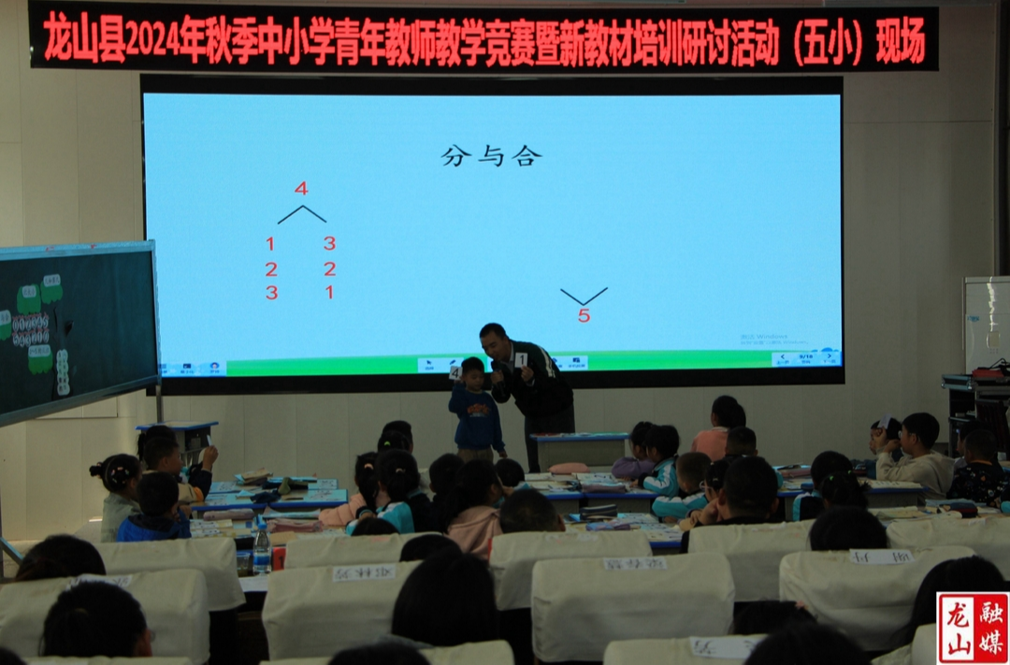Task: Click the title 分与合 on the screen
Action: pyautogui.click(x=491, y=156)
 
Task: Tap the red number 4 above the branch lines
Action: pyautogui.click(x=301, y=189)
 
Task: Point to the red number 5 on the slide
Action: pyautogui.click(x=584, y=316)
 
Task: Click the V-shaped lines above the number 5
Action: pyautogui.click(x=584, y=296)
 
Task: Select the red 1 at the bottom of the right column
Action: pyautogui.click(x=329, y=292)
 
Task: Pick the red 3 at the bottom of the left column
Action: pyautogui.click(x=271, y=293)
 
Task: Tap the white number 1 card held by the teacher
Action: pyautogui.click(x=521, y=360)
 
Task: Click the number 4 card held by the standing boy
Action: pyautogui.click(x=455, y=372)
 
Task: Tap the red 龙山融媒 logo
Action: pyautogui.click(x=973, y=627)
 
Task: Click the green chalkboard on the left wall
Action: pyautogui.click(x=75, y=327)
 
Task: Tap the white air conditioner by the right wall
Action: pyautogui.click(x=986, y=323)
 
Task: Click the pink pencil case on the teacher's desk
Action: pyautogui.click(x=569, y=468)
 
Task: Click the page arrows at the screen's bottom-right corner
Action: pyautogui.click(x=805, y=358)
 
